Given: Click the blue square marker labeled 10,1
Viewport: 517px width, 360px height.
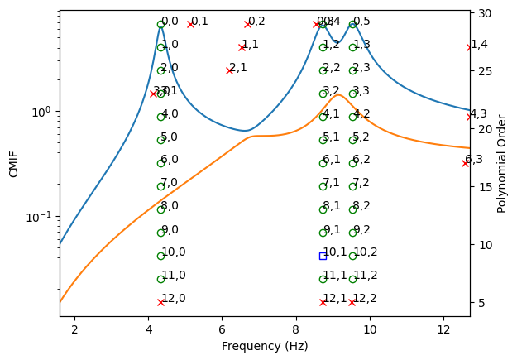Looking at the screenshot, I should pyautogui.click(x=323, y=256).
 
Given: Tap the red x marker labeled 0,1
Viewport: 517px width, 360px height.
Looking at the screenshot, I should pyautogui.click(x=190, y=24).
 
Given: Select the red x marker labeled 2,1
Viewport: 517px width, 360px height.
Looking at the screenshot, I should pyautogui.click(x=229, y=70).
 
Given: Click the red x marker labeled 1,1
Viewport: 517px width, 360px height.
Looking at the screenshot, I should pyautogui.click(x=242, y=47).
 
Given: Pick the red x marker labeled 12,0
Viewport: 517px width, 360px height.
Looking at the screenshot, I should pyautogui.click(x=160, y=302).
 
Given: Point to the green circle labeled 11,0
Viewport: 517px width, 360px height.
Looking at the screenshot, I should pyautogui.click(x=160, y=279).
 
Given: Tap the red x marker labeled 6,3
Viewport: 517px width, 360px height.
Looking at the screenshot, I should pyautogui.click(x=465, y=163).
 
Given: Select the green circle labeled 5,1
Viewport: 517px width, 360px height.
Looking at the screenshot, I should pyautogui.click(x=323, y=140).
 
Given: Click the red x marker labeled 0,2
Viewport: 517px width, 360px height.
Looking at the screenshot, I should pyautogui.click(x=247, y=24).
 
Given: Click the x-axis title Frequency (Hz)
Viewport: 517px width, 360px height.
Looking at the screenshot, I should pyautogui.click(x=265, y=346).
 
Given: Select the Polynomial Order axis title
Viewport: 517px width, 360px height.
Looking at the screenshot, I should pyautogui.click(x=502, y=163).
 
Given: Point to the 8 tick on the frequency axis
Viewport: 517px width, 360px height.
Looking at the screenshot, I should pyautogui.click(x=296, y=331).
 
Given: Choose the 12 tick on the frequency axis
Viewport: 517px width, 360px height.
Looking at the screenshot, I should pyautogui.click(x=443, y=331).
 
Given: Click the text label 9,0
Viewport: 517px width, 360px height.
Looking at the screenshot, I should pyautogui.click(x=170, y=229).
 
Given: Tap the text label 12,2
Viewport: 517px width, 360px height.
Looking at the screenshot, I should pyautogui.click(x=365, y=299).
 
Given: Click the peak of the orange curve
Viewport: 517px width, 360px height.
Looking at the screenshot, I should pyautogui.click(x=338, y=94).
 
